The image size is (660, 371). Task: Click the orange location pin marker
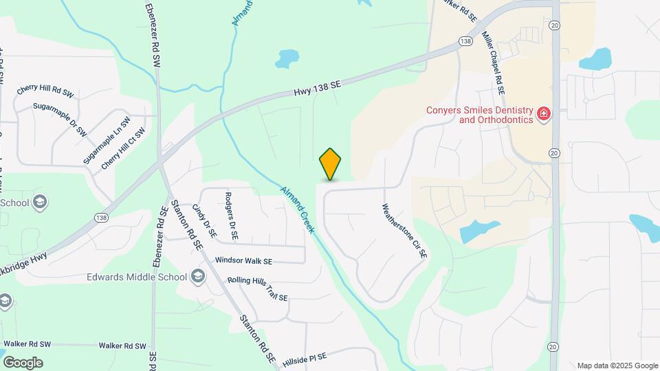331,164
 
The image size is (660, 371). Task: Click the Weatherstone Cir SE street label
405,230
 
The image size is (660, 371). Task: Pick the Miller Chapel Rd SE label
494,63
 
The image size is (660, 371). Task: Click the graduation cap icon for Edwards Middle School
198,277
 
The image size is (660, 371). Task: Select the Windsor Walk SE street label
243,261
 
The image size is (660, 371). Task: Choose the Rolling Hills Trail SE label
257,289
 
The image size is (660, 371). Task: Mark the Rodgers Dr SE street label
231,215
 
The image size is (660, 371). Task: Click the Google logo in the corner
23,362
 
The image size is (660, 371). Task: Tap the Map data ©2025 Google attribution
617,366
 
